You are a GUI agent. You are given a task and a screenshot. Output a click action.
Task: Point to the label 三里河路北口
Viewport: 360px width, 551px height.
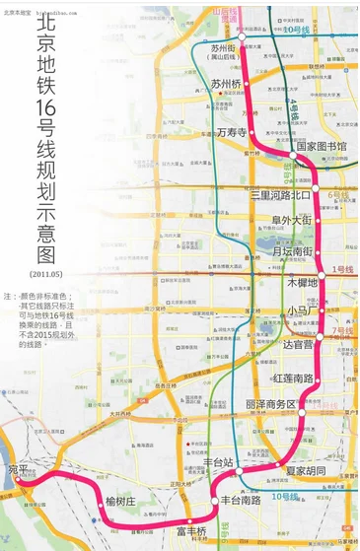tap(279, 195)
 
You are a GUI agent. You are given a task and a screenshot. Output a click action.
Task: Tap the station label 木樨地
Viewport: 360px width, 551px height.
tap(301, 283)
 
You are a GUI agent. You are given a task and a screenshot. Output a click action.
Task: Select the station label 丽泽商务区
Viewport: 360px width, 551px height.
tap(270, 405)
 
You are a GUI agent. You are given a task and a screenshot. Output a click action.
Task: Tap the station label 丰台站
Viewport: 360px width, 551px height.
tap(217, 461)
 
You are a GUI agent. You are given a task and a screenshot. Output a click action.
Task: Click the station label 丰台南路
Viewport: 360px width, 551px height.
tap(241, 500)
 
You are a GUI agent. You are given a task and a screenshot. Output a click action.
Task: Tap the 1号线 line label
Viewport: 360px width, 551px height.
tap(341, 269)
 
